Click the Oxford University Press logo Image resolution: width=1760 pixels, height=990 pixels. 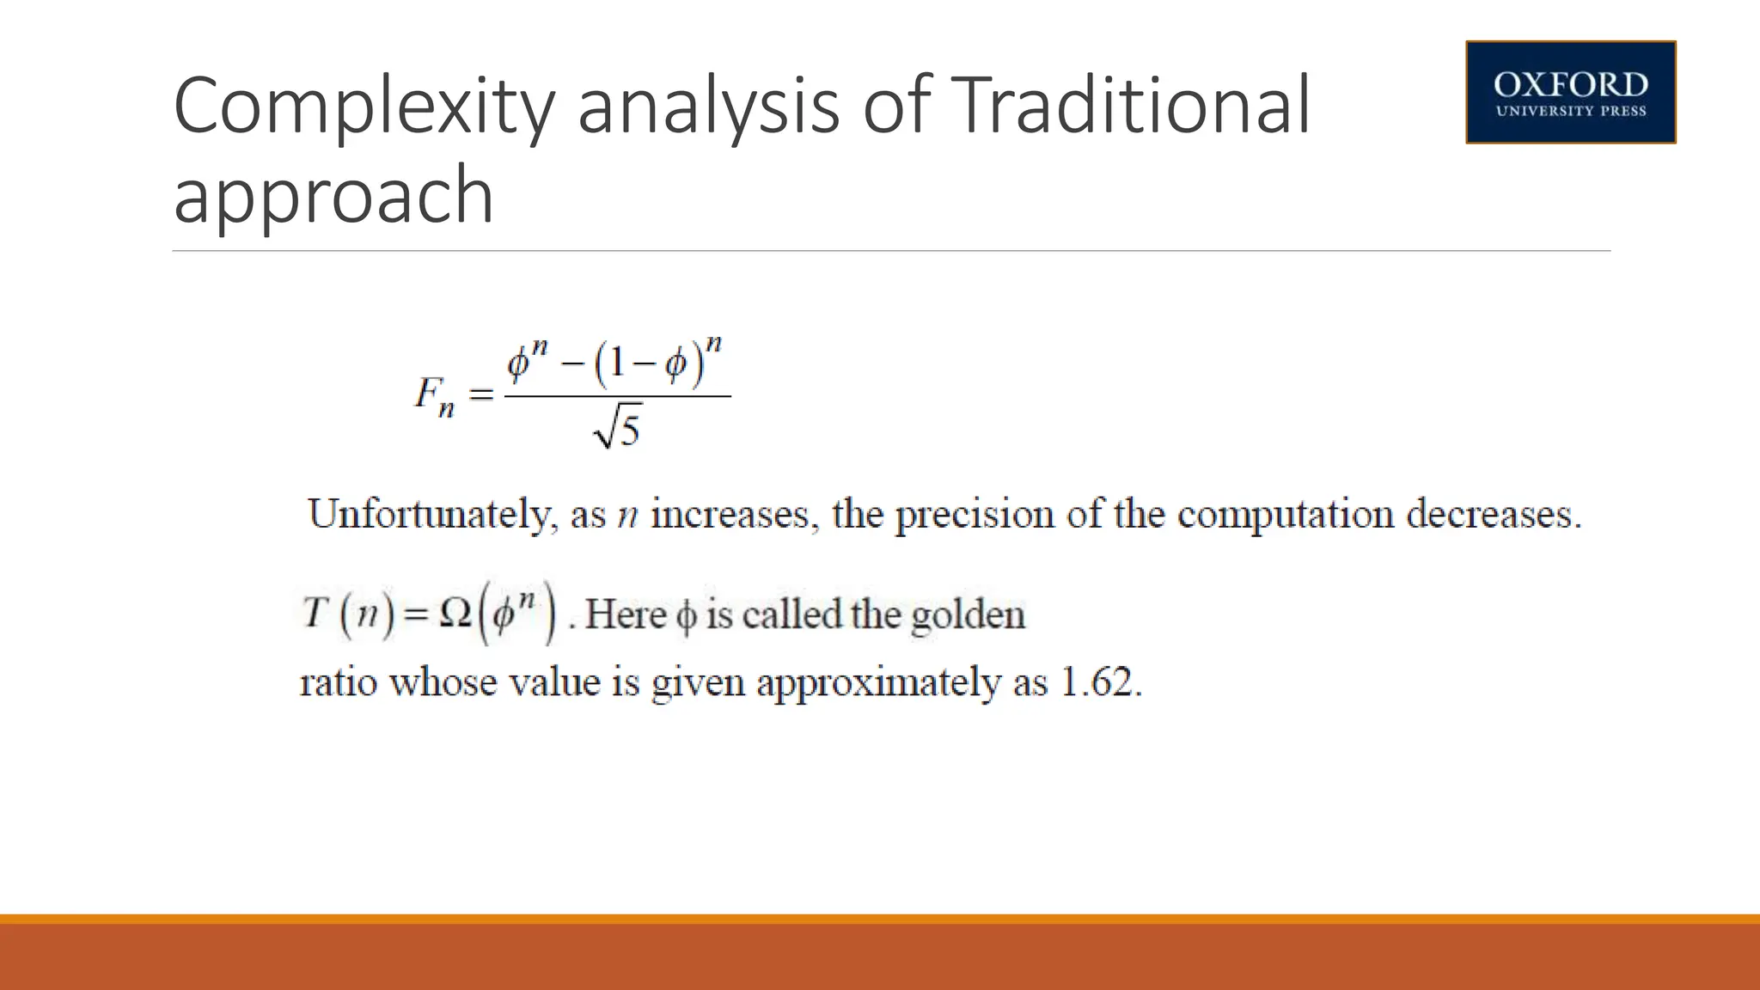(1570, 92)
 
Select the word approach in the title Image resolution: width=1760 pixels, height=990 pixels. (333, 196)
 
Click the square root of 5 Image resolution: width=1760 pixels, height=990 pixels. (618, 427)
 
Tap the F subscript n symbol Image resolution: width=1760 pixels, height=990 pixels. (435, 396)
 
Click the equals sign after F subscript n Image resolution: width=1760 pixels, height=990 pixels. (480, 395)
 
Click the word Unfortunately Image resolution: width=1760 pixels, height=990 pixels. (428, 515)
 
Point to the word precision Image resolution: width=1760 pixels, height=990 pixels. (975, 515)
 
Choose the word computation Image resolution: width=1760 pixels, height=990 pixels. (1285, 515)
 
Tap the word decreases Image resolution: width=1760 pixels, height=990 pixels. (1493, 515)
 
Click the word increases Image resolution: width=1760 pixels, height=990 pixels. (730, 515)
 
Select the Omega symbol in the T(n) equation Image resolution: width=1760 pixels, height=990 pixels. (454, 614)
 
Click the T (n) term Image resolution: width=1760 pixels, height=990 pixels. (348, 614)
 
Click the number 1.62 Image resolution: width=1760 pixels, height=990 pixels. (1101, 683)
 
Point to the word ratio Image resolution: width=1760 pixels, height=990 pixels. (339, 683)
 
